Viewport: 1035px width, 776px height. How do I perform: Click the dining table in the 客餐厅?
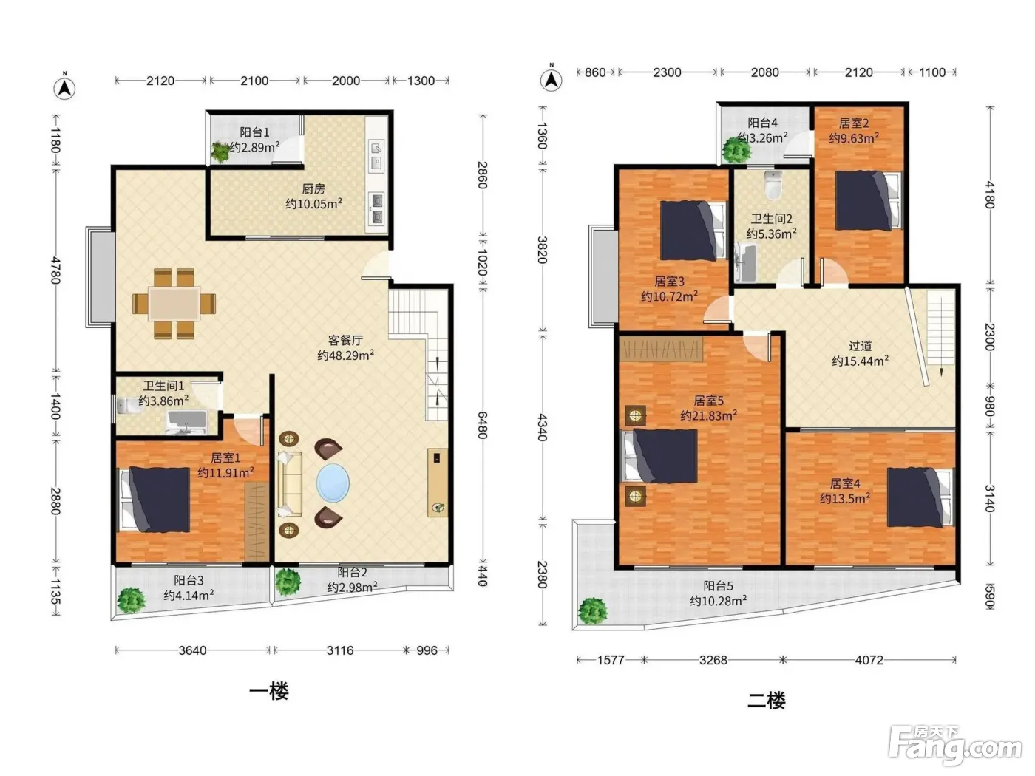[174, 304]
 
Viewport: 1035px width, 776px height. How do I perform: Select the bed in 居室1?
[154, 500]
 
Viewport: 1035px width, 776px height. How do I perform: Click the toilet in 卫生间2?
[773, 186]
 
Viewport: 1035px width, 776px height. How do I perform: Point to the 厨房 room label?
[313, 189]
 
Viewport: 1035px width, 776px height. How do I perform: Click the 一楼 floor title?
[269, 692]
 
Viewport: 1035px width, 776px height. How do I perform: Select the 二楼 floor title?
[767, 701]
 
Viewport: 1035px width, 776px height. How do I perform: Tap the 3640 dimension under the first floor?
[192, 650]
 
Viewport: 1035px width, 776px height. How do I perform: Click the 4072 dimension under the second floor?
[869, 660]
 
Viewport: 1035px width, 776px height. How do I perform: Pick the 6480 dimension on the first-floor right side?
[482, 425]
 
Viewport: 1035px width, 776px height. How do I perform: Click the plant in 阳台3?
[131, 600]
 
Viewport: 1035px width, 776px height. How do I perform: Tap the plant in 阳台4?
[736, 150]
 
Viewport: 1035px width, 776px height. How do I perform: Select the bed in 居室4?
[920, 497]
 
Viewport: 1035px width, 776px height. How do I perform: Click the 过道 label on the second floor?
[860, 347]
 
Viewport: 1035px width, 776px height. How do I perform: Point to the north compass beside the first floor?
[64, 86]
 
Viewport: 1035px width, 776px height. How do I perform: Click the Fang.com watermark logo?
[955, 746]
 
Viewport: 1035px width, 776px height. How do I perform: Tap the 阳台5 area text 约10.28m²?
[718, 601]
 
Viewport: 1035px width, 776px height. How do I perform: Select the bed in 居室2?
[869, 200]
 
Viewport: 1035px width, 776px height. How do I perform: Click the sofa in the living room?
[289, 484]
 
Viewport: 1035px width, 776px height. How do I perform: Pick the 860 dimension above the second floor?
[595, 72]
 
